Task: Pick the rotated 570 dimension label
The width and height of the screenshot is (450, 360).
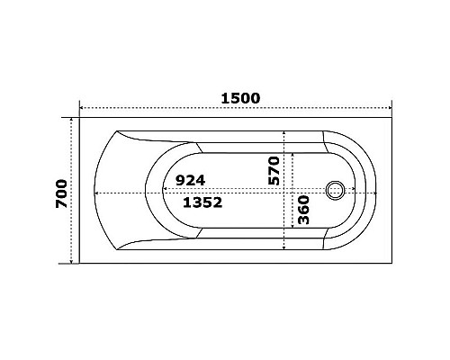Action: click(274, 170)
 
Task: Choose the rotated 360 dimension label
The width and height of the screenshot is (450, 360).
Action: click(303, 211)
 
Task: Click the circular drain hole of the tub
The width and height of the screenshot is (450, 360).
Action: click(337, 191)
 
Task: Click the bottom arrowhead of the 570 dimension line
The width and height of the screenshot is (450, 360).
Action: click(285, 247)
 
